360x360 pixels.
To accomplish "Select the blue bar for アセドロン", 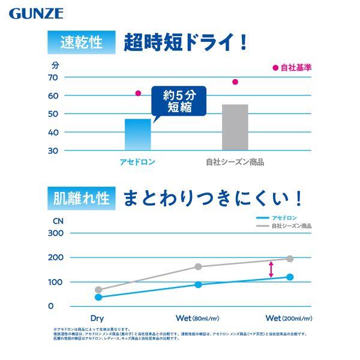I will coord(137,134).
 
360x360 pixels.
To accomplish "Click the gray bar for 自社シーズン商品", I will coord(235,127).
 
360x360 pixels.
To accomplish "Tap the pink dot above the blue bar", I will coord(138,93).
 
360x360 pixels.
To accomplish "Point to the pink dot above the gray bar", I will coord(235,82).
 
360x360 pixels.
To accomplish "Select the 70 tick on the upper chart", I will coord(53,77).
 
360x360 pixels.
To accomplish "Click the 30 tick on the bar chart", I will coord(53,150).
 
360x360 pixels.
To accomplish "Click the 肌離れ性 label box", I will coord(81,197).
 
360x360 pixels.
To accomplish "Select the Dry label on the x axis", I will coord(98,317).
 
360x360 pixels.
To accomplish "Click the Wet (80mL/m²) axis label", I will coord(197,317).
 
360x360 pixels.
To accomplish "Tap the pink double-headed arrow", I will coord(271,268).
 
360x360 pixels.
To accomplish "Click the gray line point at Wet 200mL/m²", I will coord(290,259).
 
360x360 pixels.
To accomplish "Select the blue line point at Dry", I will coord(98,297).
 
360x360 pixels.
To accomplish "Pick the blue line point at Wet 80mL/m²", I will coord(199,284).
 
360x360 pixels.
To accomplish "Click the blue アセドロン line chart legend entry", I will coord(277,217).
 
